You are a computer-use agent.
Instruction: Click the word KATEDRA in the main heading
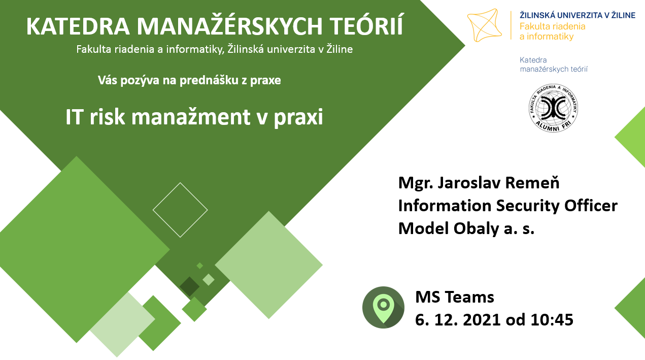click(x=78, y=27)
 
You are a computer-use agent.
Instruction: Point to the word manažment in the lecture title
click(x=191, y=117)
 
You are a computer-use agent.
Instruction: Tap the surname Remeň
click(x=532, y=183)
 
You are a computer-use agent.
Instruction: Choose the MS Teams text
click(x=455, y=297)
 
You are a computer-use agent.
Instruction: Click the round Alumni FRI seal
click(x=553, y=108)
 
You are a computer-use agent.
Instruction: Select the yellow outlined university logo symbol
click(x=484, y=25)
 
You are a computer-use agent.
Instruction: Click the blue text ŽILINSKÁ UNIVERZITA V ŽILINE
click(x=578, y=15)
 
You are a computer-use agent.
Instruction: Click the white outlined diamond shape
click(x=180, y=183)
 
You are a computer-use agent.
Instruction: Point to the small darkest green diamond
click(x=189, y=286)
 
